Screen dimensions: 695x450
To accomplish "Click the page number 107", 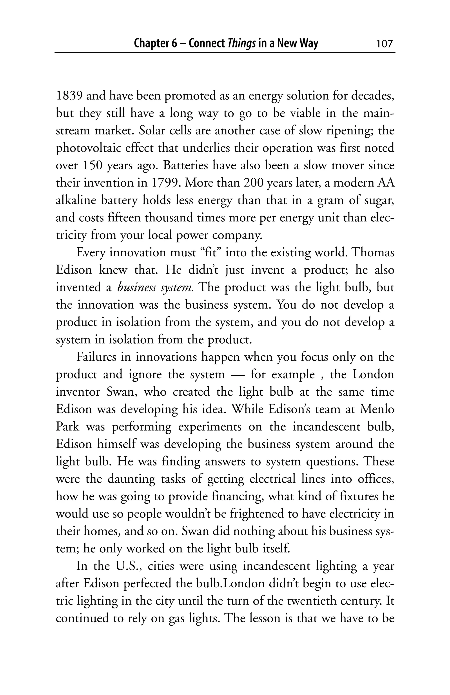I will [x=384, y=44].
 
